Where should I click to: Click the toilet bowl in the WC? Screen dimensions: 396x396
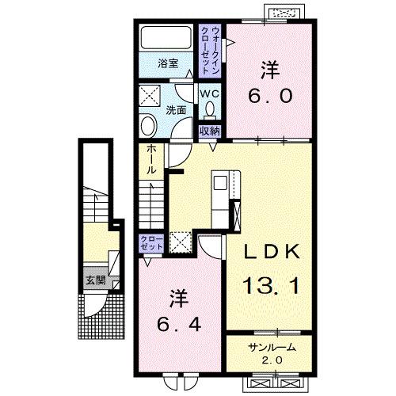coord(209,109)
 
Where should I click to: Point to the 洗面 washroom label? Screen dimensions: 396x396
coord(176,110)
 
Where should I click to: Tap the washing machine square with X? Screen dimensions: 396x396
coord(148,96)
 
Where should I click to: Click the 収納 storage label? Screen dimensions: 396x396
coord(209,131)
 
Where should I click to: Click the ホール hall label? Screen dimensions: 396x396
coord(150,161)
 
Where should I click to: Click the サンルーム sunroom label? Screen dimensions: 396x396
coord(270,345)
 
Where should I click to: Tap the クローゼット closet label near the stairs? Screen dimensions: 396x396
coord(148,242)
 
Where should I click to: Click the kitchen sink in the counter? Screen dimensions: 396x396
coord(220,184)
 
